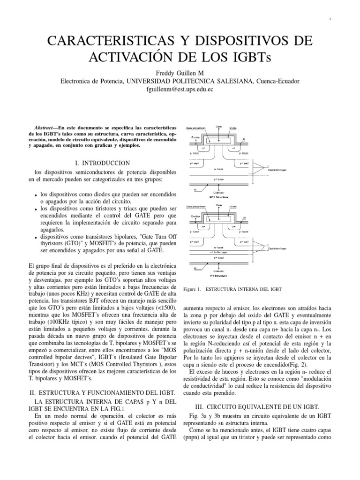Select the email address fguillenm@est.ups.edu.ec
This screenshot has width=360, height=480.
(180, 89)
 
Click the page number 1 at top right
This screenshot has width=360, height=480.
(330, 19)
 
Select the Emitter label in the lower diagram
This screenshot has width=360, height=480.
(196, 216)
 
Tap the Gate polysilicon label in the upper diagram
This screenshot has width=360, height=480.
(196, 127)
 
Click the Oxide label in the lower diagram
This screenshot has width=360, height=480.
(233, 206)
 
